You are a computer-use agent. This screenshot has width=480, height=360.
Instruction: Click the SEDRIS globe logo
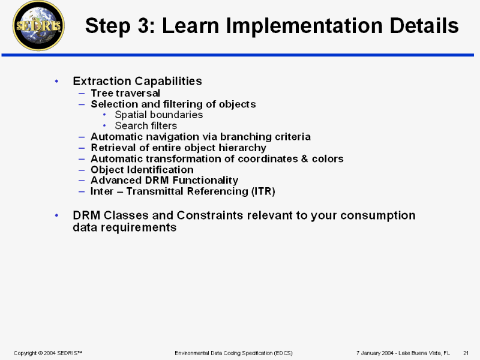click(x=38, y=26)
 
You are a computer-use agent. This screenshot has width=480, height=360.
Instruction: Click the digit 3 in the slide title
click(x=143, y=25)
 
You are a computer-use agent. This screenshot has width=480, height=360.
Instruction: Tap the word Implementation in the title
click(x=303, y=26)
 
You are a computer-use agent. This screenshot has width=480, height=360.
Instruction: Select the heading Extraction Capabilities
click(x=137, y=81)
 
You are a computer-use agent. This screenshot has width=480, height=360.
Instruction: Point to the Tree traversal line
click(x=125, y=93)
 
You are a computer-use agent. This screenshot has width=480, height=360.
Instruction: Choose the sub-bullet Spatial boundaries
click(x=158, y=115)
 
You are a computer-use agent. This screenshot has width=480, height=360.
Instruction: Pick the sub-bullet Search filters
click(x=146, y=126)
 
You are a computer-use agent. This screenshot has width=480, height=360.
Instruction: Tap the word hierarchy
click(x=242, y=148)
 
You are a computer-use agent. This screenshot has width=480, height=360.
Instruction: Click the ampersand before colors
click(x=304, y=158)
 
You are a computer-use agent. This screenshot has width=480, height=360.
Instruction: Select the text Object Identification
click(x=142, y=170)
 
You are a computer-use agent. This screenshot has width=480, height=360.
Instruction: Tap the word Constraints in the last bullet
click(x=211, y=215)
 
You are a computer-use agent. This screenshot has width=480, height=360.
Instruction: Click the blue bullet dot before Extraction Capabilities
click(x=56, y=81)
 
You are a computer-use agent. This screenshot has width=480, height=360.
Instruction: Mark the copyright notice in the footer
click(x=48, y=353)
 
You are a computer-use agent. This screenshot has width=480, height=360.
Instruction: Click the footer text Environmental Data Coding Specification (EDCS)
click(x=233, y=353)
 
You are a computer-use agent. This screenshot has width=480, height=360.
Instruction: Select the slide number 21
click(x=466, y=353)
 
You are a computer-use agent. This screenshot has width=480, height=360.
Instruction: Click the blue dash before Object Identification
click(x=82, y=170)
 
